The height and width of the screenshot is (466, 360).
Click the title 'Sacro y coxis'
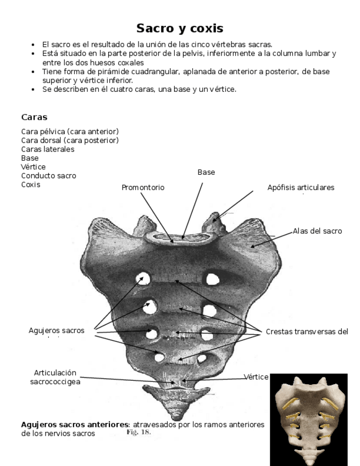tap(180, 28)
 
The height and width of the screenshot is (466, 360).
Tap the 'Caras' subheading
tap(34, 117)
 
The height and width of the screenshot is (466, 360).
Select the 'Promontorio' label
tap(143, 188)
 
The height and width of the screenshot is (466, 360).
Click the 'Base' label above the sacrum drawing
tap(206, 173)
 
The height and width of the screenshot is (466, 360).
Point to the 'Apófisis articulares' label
tap(301, 187)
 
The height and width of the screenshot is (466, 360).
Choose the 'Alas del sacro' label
tap(317, 231)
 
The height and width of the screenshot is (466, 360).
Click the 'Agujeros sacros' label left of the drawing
tap(57, 330)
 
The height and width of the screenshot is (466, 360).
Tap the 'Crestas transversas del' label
tap(307, 331)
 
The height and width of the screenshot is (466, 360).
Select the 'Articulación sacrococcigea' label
tap(55, 376)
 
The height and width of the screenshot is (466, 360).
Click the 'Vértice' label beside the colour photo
tap(256, 377)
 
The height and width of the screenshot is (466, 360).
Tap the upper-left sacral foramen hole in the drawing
tap(144, 280)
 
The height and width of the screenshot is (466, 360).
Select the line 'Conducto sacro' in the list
tap(48, 176)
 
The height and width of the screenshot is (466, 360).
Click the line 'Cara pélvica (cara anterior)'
tap(70, 131)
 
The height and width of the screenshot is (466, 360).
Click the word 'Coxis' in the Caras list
tap(30, 185)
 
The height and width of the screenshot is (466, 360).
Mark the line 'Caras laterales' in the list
tap(47, 149)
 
